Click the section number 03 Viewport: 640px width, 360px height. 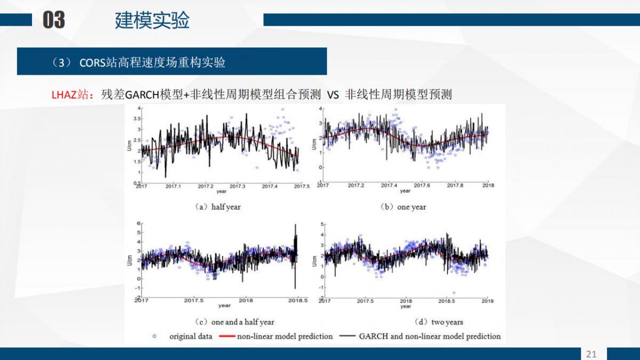point(54,20)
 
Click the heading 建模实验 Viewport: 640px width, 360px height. point(152,20)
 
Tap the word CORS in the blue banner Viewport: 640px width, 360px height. point(94,62)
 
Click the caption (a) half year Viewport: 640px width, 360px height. point(220,207)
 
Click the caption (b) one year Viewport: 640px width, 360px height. point(404,207)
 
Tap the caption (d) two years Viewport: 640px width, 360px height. point(439,322)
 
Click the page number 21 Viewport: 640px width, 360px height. point(591,354)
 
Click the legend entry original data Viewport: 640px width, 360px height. point(190,337)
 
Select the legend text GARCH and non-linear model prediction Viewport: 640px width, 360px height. point(430,337)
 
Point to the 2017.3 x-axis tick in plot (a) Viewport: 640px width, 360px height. point(237,186)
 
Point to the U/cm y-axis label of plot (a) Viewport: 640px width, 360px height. point(130,145)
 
